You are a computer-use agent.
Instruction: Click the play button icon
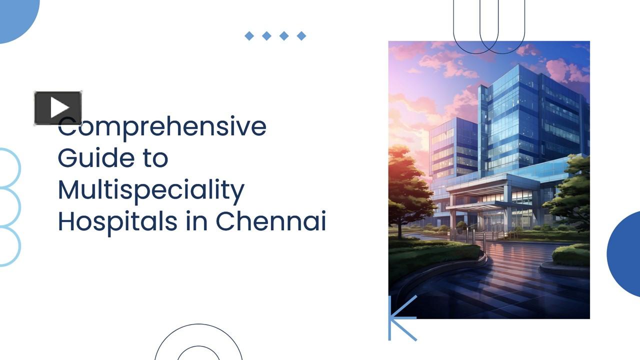click(x=58, y=107)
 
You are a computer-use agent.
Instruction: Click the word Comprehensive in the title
click(x=162, y=127)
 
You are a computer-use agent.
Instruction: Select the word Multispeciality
click(x=151, y=190)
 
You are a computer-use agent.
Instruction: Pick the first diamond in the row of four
click(x=249, y=35)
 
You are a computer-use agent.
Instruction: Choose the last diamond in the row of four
click(x=301, y=35)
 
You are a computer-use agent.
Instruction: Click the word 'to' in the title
click(x=156, y=158)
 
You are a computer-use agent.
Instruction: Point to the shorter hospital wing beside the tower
click(x=452, y=150)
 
